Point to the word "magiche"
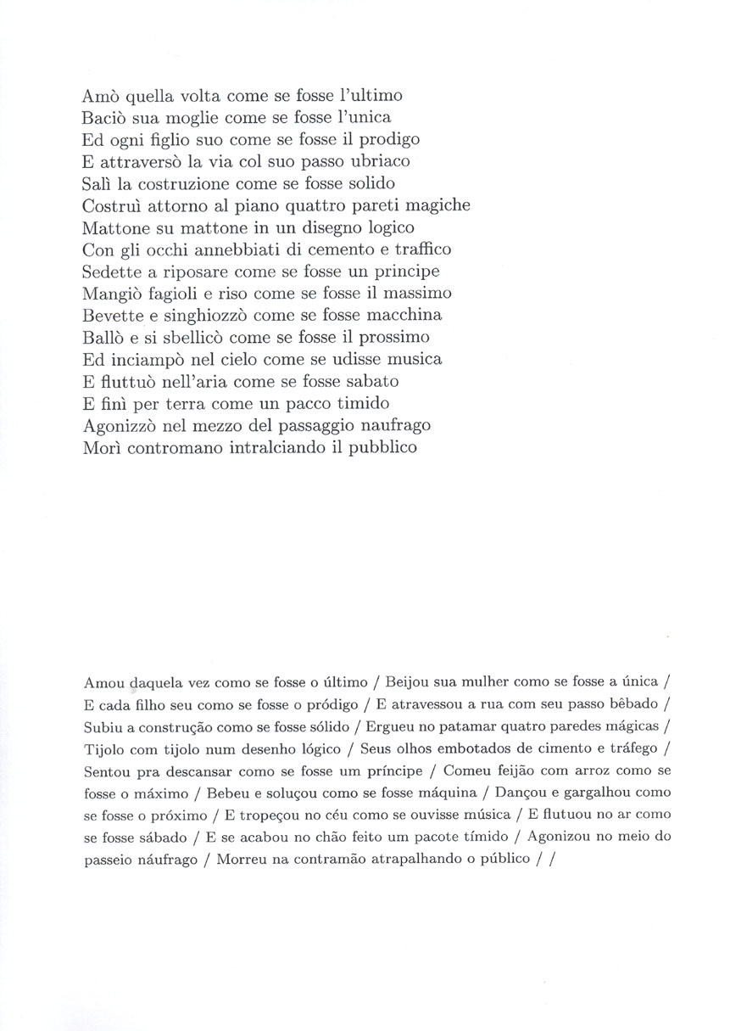pyautogui.click(x=440, y=205)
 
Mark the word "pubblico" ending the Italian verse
pyautogui.click(x=386, y=446)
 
